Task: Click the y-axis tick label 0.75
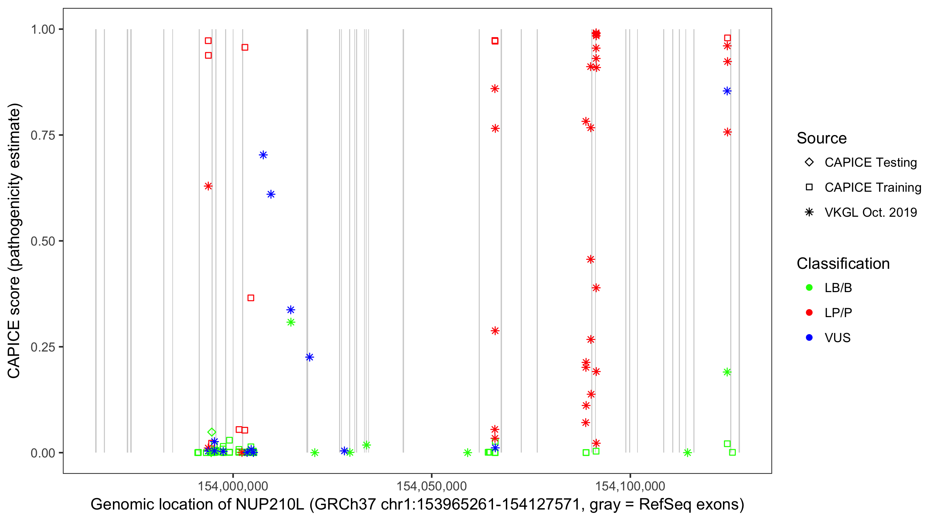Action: point(42,135)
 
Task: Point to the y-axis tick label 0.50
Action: point(42,241)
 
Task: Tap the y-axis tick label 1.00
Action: point(42,30)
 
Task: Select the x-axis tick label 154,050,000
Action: point(431,486)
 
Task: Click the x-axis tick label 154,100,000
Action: point(630,486)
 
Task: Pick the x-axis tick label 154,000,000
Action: point(233,486)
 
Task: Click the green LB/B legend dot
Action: point(809,288)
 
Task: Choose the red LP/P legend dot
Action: point(809,313)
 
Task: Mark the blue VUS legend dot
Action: point(809,338)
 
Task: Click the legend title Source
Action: point(822,138)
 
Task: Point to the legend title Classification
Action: point(843,264)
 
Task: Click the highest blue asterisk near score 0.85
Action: point(727,91)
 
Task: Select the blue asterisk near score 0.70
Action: point(263,155)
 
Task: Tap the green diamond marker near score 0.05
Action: point(212,432)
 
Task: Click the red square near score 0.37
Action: point(251,298)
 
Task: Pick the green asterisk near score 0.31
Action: point(290,322)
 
